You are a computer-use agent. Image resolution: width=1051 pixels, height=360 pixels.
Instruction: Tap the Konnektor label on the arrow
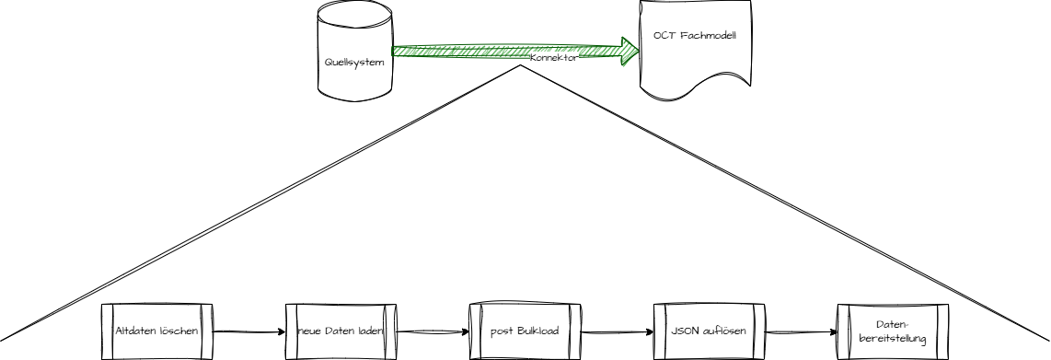[x=554, y=57]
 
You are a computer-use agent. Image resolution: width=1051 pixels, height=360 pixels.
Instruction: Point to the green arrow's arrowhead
[x=631, y=52]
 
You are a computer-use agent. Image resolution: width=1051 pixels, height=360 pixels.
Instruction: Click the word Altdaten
[x=134, y=330]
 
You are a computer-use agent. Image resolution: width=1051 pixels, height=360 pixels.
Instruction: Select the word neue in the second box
[x=308, y=330]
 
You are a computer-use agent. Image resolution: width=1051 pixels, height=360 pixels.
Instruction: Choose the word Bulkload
[x=537, y=330]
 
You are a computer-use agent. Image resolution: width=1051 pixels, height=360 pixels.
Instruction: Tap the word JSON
[x=686, y=330]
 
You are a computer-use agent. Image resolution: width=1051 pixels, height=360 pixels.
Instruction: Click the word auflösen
[x=727, y=330]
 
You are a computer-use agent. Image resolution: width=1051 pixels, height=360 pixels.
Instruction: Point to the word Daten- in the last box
[x=892, y=324]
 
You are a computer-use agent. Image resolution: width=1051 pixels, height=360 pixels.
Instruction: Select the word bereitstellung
[x=892, y=339]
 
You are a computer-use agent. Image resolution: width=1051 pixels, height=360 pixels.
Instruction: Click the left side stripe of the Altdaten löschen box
[x=106, y=330]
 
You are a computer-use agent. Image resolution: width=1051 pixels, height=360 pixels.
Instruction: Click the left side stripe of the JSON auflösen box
[x=657, y=330]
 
